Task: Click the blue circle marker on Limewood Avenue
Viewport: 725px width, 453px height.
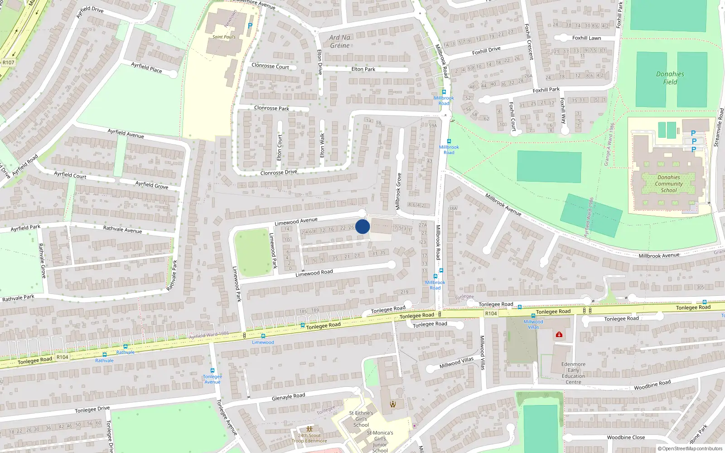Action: click(x=362, y=226)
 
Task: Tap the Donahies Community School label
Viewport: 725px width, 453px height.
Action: click(x=669, y=184)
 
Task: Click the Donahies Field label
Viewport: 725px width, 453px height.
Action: click(x=670, y=78)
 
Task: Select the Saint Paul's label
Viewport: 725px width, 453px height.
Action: click(x=224, y=37)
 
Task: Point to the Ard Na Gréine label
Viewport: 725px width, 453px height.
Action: click(x=340, y=41)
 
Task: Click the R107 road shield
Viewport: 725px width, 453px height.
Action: click(x=8, y=63)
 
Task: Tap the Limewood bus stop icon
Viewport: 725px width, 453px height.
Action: click(x=263, y=336)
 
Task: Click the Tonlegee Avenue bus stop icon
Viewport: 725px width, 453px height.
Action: click(x=212, y=371)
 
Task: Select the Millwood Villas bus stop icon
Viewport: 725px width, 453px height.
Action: click(x=533, y=316)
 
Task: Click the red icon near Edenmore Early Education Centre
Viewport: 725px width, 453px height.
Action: click(x=559, y=334)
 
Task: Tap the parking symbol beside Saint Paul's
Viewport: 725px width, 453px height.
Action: click(x=250, y=26)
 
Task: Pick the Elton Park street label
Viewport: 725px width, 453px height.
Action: click(x=363, y=69)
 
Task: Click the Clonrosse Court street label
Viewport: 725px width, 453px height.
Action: click(x=270, y=66)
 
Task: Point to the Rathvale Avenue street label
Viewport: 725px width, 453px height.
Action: click(x=122, y=229)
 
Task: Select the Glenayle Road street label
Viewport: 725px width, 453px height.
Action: click(x=288, y=396)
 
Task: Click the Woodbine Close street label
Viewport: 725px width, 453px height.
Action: click(x=626, y=438)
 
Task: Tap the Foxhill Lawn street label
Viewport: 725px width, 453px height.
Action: click(x=586, y=38)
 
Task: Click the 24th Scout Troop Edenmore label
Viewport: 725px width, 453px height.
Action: click(x=309, y=438)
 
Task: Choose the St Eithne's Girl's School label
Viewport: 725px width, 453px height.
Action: click(x=361, y=419)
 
